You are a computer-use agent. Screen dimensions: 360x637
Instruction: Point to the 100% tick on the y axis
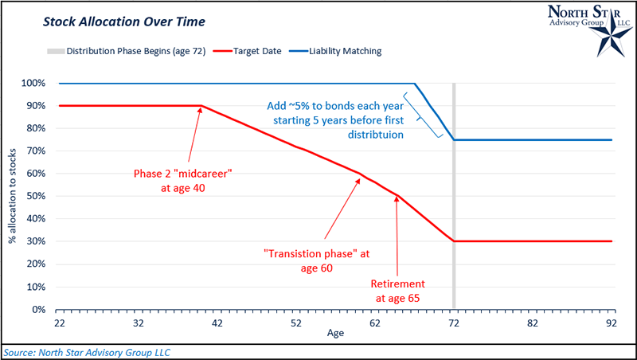(x=44, y=83)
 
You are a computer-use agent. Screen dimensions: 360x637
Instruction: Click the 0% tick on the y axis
(x=49, y=309)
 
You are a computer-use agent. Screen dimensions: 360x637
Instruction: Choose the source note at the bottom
(x=87, y=351)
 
